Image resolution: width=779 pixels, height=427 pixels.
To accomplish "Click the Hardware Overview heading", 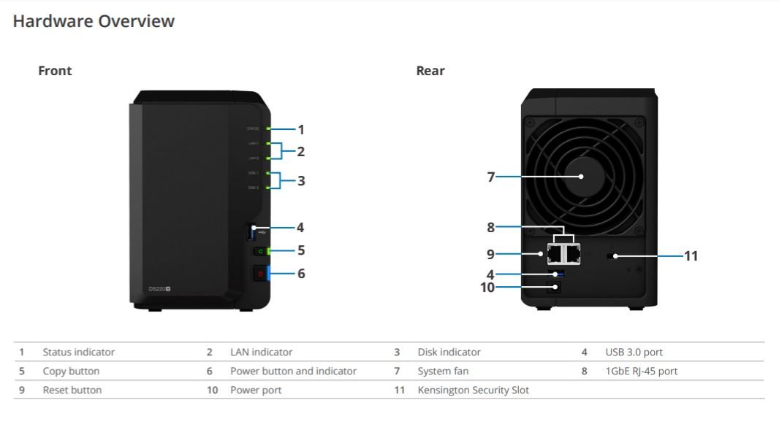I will (94, 21).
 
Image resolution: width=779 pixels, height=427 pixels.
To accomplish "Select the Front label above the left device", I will (55, 71).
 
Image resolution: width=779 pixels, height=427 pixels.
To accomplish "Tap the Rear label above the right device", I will (430, 71).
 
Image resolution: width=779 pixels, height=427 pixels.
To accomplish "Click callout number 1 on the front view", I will (300, 130).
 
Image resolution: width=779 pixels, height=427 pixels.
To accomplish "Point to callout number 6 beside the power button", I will (300, 274).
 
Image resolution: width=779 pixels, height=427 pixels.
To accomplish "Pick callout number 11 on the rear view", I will (691, 255).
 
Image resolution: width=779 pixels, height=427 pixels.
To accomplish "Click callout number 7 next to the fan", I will (491, 177).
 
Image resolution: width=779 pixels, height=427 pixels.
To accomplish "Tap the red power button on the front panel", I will (259, 274).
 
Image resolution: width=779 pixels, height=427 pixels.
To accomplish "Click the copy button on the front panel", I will (259, 251).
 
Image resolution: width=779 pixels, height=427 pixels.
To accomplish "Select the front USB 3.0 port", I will (253, 232).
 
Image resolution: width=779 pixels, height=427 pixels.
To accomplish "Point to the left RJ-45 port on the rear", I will (555, 253).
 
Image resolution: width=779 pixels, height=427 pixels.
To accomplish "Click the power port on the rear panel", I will (556, 287).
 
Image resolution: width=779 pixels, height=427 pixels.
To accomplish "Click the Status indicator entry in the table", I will (79, 352).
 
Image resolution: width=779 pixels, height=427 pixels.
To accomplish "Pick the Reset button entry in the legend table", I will (72, 390).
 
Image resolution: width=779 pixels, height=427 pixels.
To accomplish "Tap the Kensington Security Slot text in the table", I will (473, 390).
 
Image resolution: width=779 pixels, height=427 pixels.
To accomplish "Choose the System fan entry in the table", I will (443, 371).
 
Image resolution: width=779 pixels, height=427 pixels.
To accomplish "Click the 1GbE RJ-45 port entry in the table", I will (641, 371).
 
